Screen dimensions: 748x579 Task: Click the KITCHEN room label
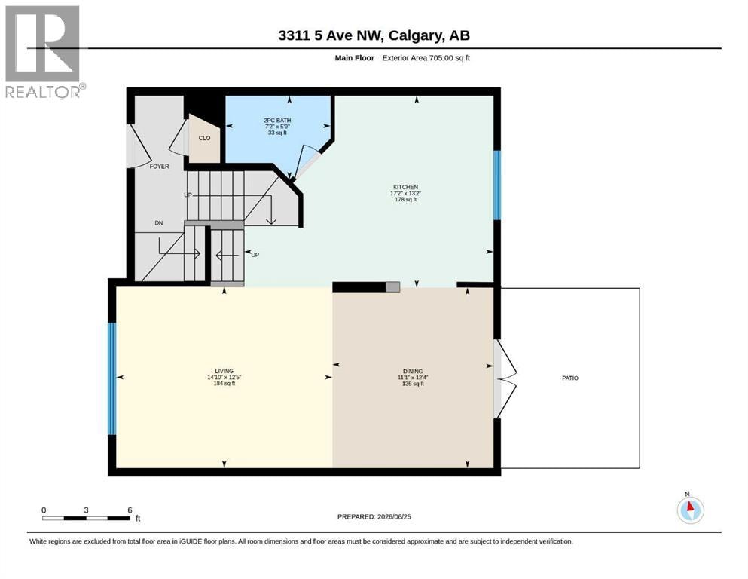(405, 187)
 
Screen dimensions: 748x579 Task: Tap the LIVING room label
(224, 371)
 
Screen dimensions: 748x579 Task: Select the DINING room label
(413, 371)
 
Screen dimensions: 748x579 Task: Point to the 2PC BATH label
(277, 121)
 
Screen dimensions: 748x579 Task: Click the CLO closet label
(204, 138)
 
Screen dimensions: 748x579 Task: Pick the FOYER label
(160, 166)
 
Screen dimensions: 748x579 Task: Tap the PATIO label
(570, 378)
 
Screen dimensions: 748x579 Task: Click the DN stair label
(158, 223)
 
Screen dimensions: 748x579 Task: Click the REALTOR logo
(44, 51)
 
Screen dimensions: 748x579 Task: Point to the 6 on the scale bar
(130, 510)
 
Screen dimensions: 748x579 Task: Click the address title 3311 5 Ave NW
(330, 35)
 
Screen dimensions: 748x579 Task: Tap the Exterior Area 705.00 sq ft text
(426, 58)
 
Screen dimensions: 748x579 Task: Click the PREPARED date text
(374, 516)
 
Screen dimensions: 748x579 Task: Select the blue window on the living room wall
(111, 379)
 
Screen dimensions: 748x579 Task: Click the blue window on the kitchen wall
(497, 185)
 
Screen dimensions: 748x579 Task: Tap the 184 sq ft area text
(224, 383)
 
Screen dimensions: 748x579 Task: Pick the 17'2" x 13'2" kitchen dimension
(405, 193)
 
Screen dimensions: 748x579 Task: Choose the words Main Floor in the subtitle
(355, 58)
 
